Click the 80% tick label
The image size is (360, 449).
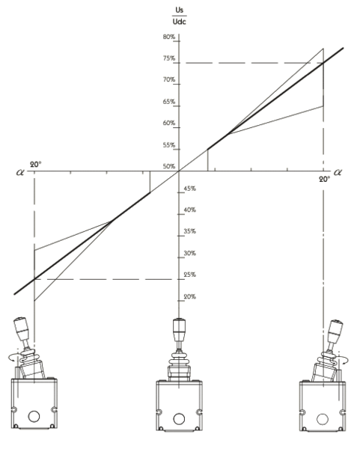(x=169, y=37)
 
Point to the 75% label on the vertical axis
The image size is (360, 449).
(x=169, y=58)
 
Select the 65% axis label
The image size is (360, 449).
(x=169, y=102)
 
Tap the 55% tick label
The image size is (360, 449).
(x=169, y=145)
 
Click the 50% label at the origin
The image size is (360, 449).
(x=169, y=166)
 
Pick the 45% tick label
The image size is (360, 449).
(x=190, y=189)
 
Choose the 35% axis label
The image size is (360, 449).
(x=190, y=231)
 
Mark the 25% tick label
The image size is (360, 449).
(x=190, y=275)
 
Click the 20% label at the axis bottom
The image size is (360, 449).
(x=190, y=296)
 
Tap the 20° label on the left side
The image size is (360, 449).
(x=36, y=165)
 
